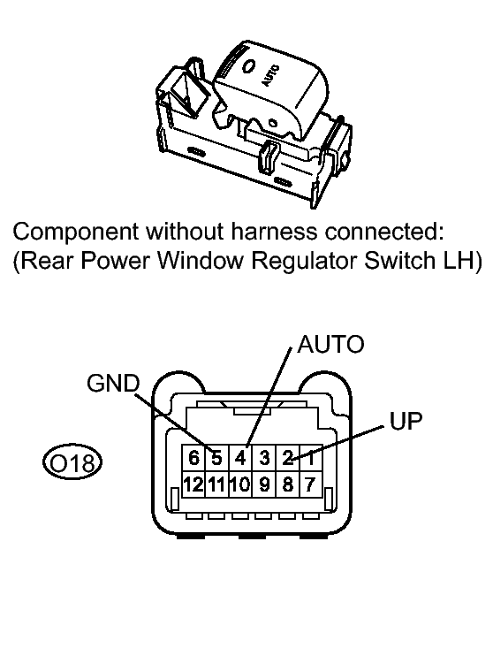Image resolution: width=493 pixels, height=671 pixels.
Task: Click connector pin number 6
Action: (193, 458)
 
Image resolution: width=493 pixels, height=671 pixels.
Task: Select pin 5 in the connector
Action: (217, 458)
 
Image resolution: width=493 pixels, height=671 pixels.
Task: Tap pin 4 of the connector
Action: (240, 458)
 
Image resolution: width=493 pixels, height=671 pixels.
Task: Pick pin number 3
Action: (264, 458)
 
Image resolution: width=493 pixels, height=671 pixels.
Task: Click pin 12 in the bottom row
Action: (193, 484)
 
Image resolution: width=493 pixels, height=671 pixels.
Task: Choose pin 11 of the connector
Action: (217, 484)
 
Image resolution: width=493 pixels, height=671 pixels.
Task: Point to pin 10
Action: (240, 484)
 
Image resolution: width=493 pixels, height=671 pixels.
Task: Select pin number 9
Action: (264, 484)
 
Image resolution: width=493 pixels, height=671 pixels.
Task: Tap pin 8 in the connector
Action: (288, 484)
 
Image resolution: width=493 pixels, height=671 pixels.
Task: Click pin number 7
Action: (311, 484)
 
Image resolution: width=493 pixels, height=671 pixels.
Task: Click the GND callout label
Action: (113, 383)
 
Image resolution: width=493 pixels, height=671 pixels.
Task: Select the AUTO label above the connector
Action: (330, 344)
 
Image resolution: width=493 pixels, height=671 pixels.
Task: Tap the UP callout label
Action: (406, 421)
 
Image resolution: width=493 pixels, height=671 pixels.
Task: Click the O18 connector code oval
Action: (72, 463)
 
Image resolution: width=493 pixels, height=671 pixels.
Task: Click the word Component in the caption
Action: (76, 233)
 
